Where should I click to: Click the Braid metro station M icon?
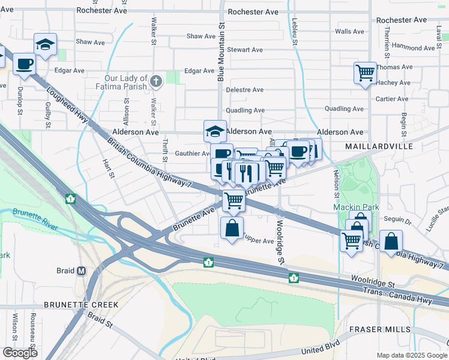coord(82,271)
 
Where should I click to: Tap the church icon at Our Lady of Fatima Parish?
coord(156,81)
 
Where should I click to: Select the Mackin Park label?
coord(352,208)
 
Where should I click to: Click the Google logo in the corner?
coord(20,352)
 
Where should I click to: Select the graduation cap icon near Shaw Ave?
coord(45,44)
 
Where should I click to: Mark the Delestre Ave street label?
coord(244,90)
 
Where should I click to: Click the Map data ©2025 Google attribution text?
coord(411,355)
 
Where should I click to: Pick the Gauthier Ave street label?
coord(192,154)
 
